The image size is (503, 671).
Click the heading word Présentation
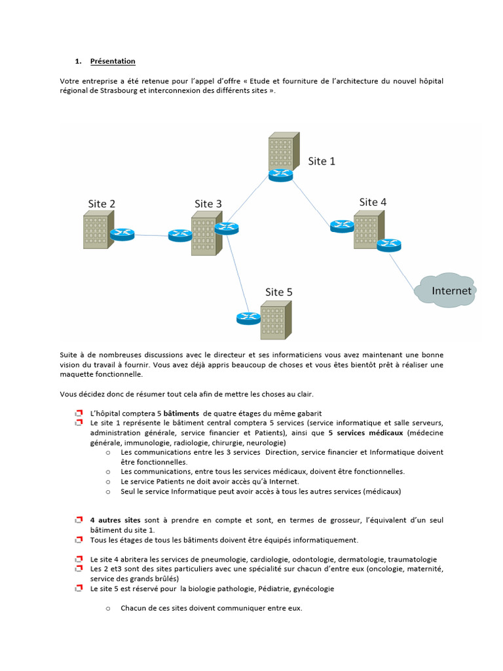click(x=113, y=62)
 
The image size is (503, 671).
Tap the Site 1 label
click(x=322, y=161)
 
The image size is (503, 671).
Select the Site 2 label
click(x=102, y=204)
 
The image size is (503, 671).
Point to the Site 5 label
click(x=278, y=292)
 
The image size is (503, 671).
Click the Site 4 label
click(x=373, y=202)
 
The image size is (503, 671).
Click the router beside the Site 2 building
click(x=122, y=234)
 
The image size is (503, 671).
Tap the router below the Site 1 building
click(x=281, y=175)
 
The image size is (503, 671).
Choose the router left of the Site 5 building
click(x=248, y=318)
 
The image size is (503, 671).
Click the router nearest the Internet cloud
click(x=388, y=245)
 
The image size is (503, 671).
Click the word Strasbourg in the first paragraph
click(x=120, y=90)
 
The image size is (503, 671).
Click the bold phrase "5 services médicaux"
click(x=365, y=433)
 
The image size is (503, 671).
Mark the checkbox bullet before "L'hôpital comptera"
click(x=78, y=414)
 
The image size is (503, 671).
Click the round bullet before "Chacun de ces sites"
click(x=107, y=609)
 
